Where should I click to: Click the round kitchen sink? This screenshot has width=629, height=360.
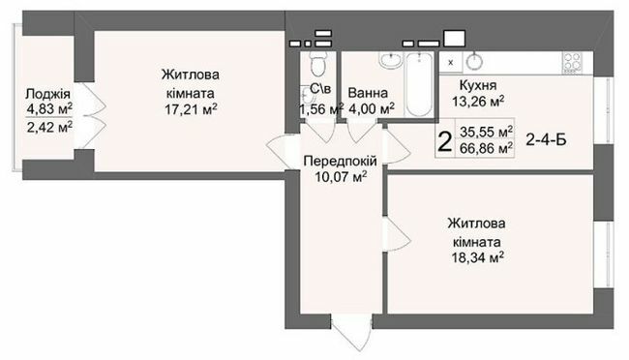[x=474, y=61]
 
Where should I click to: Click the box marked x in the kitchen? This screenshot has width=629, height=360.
[x=450, y=61]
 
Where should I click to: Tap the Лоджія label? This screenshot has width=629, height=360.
[x=47, y=94]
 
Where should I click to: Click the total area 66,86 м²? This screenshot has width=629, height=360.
[x=487, y=149]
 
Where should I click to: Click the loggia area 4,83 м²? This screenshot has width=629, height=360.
[x=47, y=108]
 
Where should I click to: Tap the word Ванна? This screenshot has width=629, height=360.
[x=368, y=94]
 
